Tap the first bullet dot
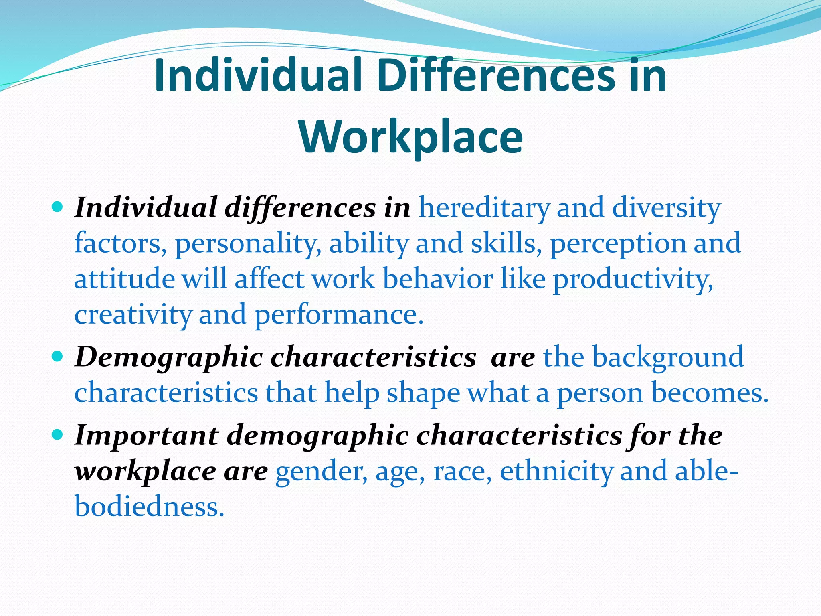tap(58, 207)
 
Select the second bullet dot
tap(58, 356)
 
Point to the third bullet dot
tap(58, 434)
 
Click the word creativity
tap(133, 315)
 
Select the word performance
tap(339, 315)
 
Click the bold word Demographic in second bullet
tap(168, 357)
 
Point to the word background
tap(667, 357)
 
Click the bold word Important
tap(146, 435)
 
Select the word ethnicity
tap(556, 471)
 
